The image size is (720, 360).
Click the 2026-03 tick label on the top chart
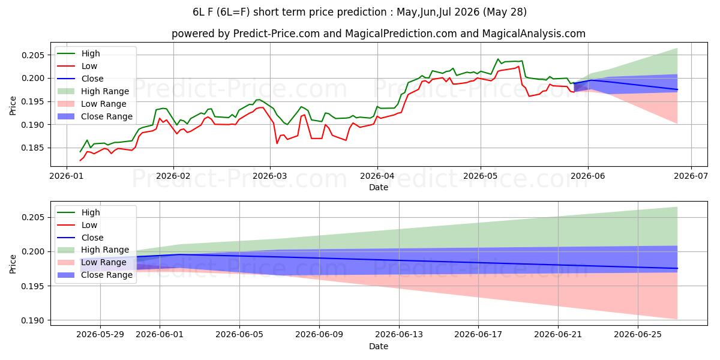(270, 176)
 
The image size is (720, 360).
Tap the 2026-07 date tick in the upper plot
(691, 176)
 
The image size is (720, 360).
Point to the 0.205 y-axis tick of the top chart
(33, 55)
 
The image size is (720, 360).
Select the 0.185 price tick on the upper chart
(33, 148)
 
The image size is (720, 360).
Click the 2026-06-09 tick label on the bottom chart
(319, 335)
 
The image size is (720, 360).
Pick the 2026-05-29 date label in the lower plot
(100, 335)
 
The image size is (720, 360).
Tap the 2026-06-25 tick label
(638, 335)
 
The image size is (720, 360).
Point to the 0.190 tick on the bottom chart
(33, 320)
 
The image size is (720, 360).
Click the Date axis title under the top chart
(379, 187)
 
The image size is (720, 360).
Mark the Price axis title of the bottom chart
(13, 264)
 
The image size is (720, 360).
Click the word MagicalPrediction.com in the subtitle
(401, 34)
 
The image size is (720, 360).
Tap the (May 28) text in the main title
(505, 12)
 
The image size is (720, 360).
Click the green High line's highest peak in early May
(498, 59)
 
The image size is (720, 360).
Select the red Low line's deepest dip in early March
(277, 143)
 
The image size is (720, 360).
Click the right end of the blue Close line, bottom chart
(677, 268)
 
